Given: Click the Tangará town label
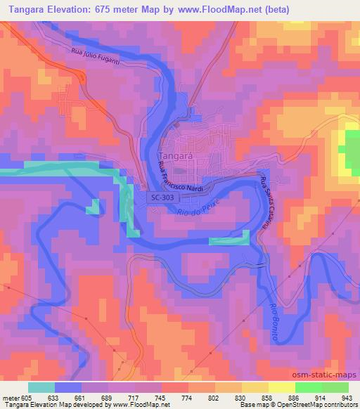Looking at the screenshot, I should click(175, 155).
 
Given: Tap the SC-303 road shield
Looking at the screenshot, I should click(162, 199).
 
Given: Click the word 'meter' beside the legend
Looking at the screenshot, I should click(11, 397).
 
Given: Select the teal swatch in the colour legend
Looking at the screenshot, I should click(42, 387).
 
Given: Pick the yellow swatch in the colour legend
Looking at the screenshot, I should click(281, 387).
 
